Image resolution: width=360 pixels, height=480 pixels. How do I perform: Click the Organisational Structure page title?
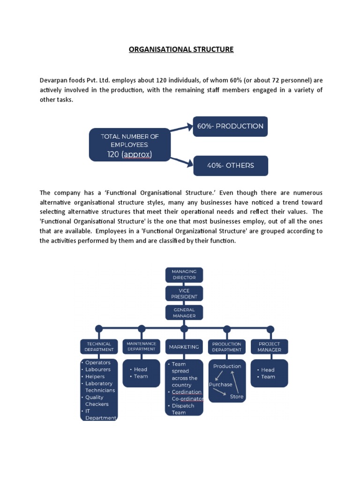point(181,49)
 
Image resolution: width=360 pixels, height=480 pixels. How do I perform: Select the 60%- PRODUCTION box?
point(230,126)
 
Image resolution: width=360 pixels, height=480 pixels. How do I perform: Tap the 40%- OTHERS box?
point(231,165)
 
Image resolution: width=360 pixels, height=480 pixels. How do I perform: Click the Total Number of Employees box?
point(130,145)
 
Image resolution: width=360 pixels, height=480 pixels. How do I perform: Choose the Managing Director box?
point(184,274)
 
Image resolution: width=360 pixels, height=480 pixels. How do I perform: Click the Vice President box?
point(184,293)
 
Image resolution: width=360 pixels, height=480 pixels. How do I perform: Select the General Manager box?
point(184,313)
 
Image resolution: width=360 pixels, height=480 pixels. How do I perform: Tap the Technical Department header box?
point(99,346)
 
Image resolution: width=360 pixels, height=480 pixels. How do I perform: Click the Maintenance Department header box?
point(141,346)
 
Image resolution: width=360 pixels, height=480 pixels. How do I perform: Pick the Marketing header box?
point(184,347)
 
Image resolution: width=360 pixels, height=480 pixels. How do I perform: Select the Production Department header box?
point(227,346)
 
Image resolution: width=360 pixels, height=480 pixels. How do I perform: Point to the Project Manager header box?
point(269,346)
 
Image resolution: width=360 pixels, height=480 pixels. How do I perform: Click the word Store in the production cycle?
point(237,397)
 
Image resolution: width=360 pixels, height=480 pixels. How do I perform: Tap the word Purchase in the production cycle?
point(220,384)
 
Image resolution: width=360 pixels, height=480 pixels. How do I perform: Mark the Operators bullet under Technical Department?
point(97,362)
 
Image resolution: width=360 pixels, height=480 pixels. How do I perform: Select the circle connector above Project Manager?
point(270,329)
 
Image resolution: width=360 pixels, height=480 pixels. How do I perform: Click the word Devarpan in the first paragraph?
point(53,80)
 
